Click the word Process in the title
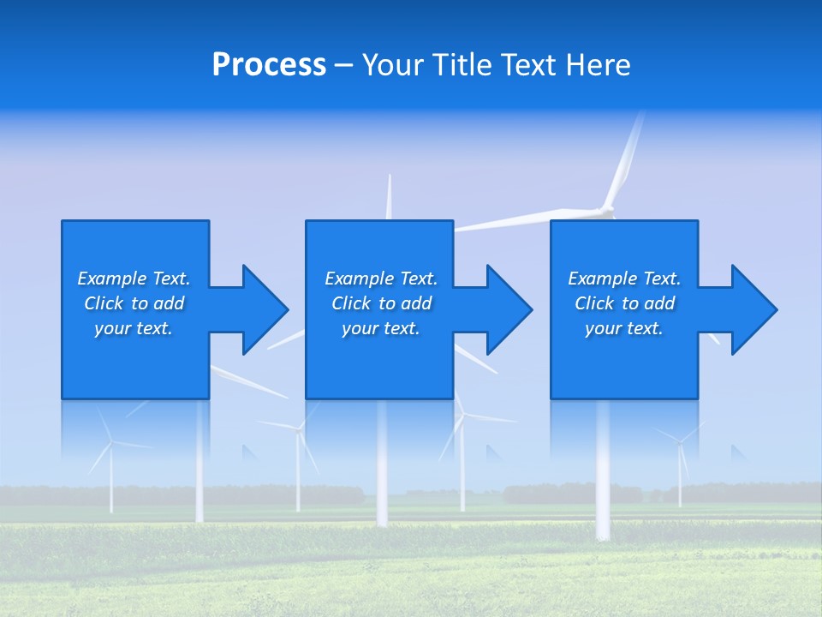(x=269, y=65)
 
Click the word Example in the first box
(x=111, y=279)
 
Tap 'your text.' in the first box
(x=134, y=328)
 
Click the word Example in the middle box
(x=359, y=279)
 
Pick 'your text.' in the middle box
(x=381, y=328)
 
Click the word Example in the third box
(x=602, y=279)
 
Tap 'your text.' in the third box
(x=624, y=328)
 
